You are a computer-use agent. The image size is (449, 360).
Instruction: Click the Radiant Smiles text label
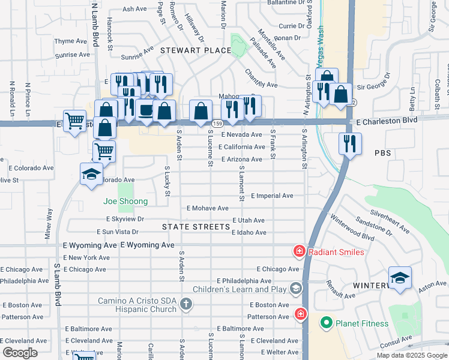tap(336, 252)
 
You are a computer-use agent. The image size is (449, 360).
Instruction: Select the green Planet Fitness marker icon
tap(327, 323)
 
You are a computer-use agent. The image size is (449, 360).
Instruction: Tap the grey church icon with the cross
tap(186, 305)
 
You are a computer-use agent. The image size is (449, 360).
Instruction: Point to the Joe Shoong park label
tap(125, 202)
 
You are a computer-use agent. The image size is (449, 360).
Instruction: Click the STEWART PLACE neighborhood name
tap(195, 50)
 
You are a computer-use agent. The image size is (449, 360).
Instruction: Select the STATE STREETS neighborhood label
tap(196, 227)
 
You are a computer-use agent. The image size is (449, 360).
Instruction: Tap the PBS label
tap(382, 153)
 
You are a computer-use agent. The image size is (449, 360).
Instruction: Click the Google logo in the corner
tap(20, 353)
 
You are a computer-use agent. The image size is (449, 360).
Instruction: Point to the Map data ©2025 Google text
tap(411, 355)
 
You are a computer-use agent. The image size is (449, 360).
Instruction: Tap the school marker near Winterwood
tap(400, 277)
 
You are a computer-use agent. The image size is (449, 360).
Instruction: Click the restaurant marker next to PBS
tap(349, 143)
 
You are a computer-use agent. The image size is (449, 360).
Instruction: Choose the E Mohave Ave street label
tap(207, 208)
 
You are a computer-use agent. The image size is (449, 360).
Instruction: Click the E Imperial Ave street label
tap(272, 196)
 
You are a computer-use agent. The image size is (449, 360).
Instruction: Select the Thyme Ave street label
tap(71, 41)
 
